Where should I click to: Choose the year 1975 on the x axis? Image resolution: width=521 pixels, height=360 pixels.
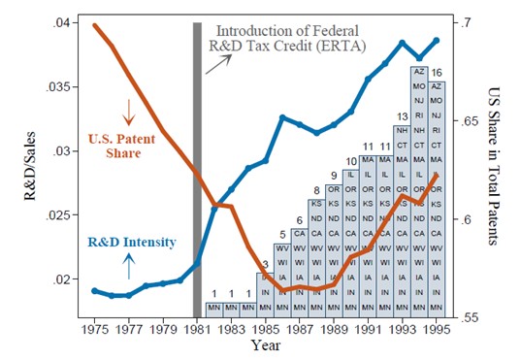tap(93, 330)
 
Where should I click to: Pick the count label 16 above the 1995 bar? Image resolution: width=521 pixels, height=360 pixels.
tap(437, 72)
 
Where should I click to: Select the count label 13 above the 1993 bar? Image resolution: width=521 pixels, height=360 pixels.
tap(402, 116)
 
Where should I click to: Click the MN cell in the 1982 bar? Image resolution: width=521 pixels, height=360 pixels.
tap(213, 310)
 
